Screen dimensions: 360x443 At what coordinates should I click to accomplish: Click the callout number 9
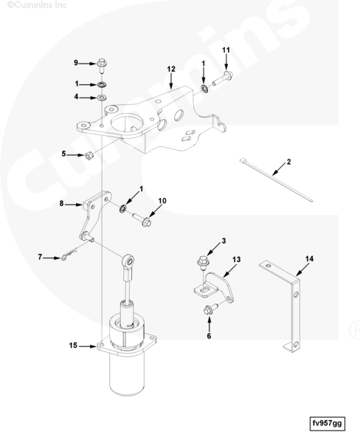(x=76, y=63)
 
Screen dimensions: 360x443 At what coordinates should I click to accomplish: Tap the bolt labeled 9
(x=102, y=65)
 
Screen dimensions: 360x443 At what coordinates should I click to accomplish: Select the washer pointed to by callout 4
(x=102, y=97)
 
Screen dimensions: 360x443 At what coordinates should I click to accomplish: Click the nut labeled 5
(x=89, y=155)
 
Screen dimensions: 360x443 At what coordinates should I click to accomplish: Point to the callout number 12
(x=171, y=69)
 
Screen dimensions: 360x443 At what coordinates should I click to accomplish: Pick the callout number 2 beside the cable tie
(x=288, y=162)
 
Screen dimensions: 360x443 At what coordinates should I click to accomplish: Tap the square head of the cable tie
(x=242, y=161)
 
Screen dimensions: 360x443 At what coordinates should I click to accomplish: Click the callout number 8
(x=61, y=203)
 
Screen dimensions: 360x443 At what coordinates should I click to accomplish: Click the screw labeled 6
(x=211, y=309)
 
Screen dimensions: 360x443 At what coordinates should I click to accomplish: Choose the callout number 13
(x=237, y=259)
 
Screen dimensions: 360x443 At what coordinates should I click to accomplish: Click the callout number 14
(x=309, y=258)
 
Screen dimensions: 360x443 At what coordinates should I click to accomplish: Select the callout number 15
(x=73, y=346)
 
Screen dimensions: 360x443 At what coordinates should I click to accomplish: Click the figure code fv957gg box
(x=328, y=424)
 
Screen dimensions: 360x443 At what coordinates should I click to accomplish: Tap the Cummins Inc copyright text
(x=37, y=5)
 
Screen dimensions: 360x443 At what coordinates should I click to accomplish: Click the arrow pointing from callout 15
(x=88, y=346)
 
